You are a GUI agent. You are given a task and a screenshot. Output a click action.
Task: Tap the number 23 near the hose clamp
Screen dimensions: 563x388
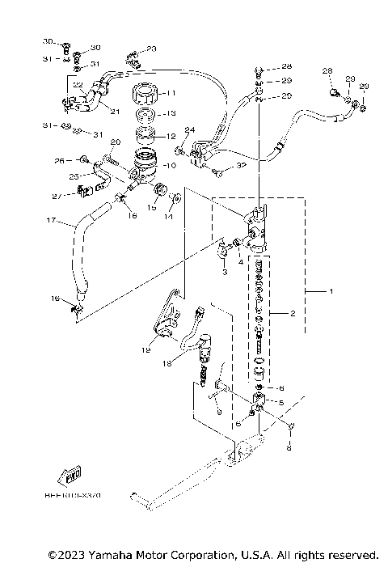click(151, 49)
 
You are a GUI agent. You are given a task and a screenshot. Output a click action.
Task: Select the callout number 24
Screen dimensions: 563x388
click(190, 129)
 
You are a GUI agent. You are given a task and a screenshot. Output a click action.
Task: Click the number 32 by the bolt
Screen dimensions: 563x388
click(241, 165)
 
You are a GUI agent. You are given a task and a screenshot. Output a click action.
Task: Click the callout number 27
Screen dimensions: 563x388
click(56, 197)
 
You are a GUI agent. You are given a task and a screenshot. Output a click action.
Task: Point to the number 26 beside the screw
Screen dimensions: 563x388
click(58, 160)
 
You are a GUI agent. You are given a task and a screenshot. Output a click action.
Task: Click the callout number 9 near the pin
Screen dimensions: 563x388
click(217, 410)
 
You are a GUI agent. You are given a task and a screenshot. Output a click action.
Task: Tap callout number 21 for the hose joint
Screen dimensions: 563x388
click(114, 112)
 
